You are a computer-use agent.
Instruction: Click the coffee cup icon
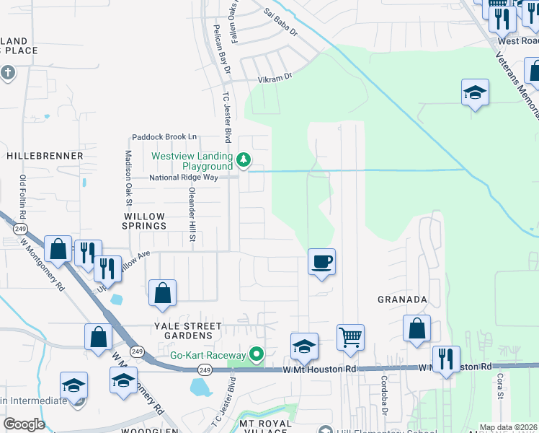[322, 261]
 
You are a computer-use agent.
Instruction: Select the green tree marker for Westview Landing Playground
[244, 159]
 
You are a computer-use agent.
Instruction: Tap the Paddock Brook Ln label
[164, 136]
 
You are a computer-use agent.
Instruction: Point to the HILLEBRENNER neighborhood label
[45, 155]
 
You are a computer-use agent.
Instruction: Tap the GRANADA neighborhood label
[403, 299]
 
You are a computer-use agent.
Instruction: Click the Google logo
[24, 424]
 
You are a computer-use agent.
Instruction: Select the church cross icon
[8, 73]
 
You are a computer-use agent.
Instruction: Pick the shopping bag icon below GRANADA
[416, 328]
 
